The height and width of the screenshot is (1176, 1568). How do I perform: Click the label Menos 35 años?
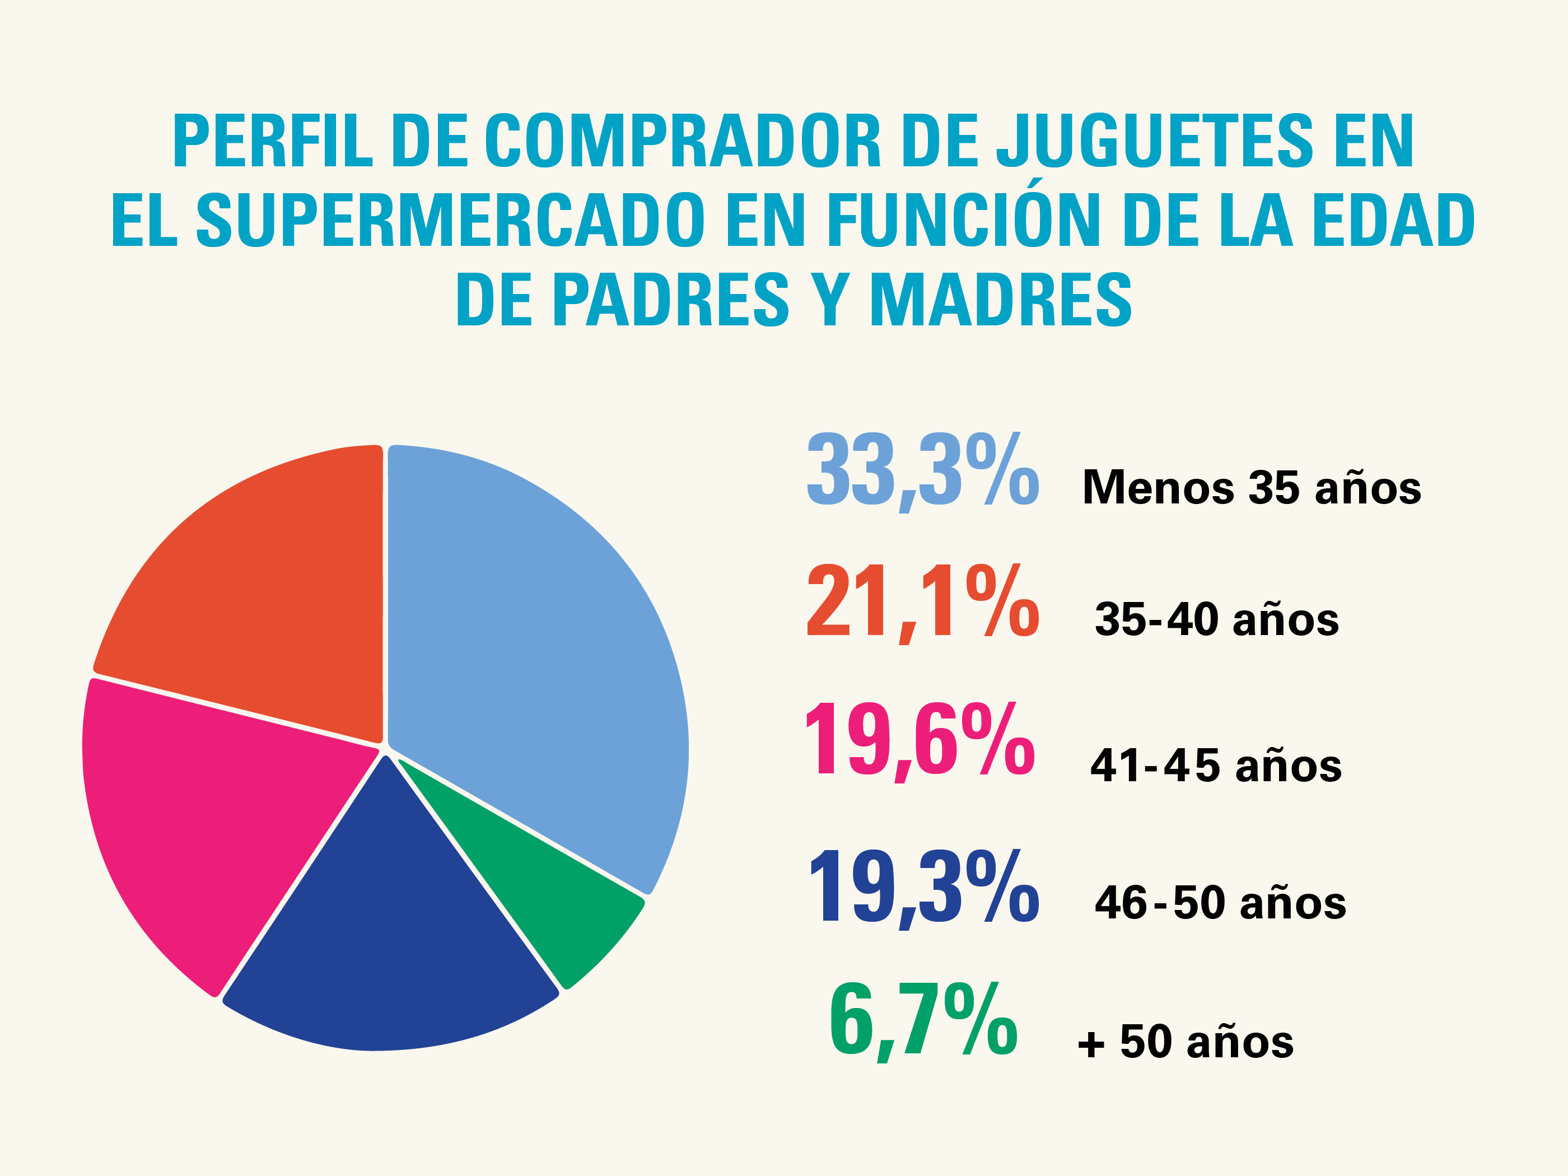click(x=1252, y=488)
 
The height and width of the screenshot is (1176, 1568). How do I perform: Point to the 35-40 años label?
click(x=1216, y=619)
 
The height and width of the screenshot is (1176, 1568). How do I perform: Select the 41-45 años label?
click(x=1216, y=766)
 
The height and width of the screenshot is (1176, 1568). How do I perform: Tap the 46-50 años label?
click(x=1220, y=903)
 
